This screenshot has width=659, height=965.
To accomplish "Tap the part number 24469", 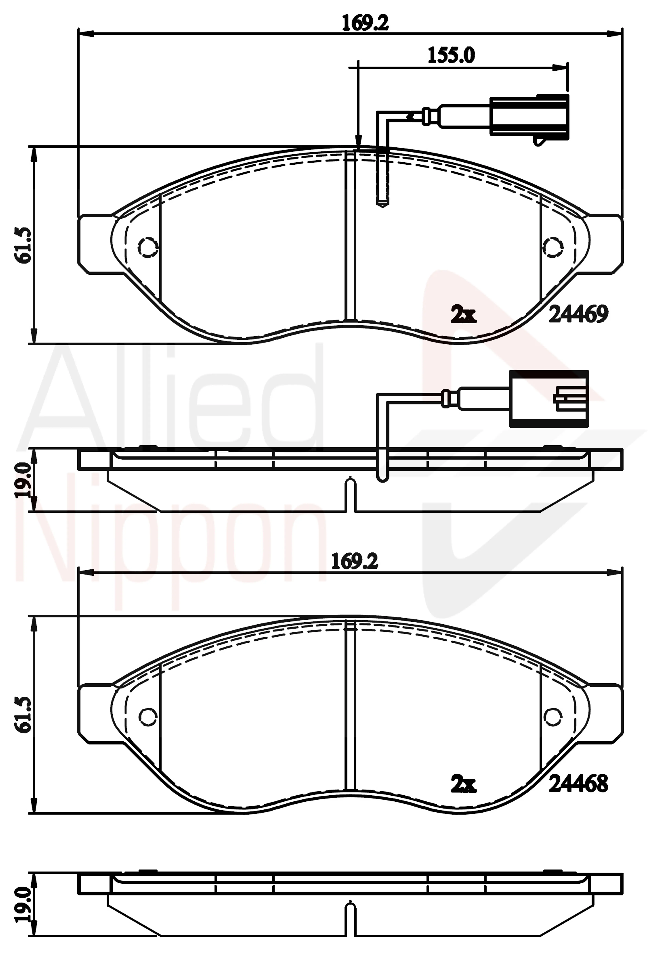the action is [x=578, y=314].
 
